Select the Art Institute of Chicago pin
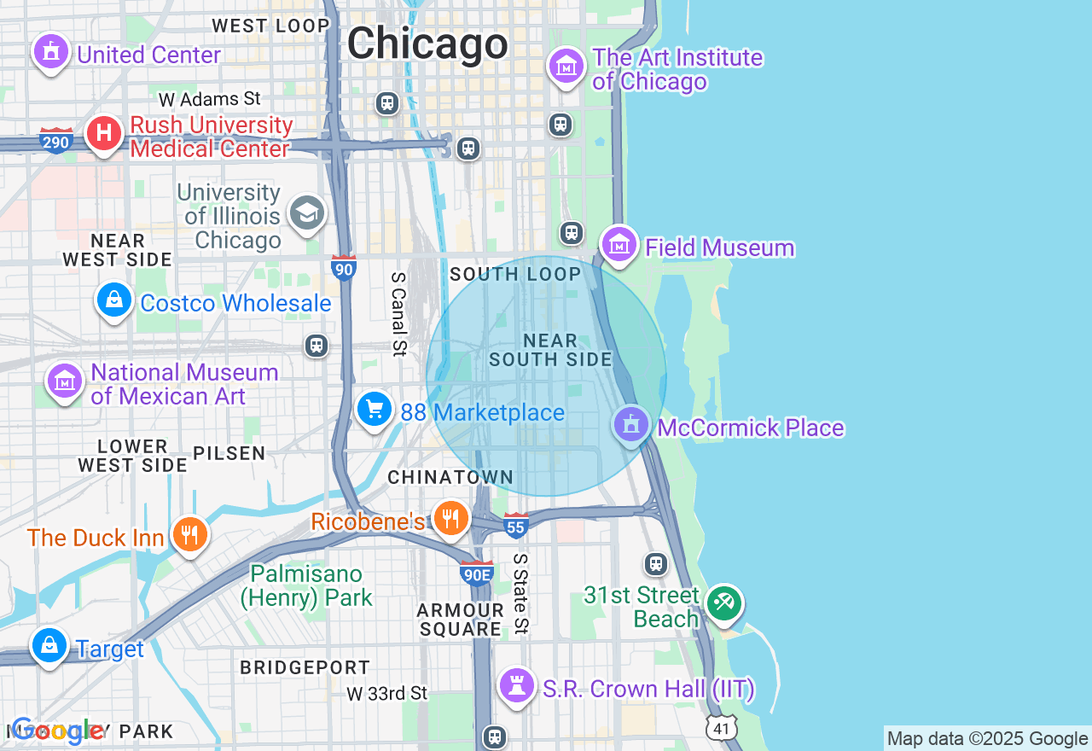coord(566,66)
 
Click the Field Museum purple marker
coord(619,245)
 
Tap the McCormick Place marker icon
coord(631,425)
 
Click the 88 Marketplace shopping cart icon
coord(374,410)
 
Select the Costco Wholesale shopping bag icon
coord(113,300)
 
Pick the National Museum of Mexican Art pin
coord(64,381)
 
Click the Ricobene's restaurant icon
coord(450,518)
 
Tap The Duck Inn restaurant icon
coord(189,535)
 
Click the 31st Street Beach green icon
coord(724,604)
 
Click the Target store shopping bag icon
coord(49,646)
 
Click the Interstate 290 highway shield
coord(56,140)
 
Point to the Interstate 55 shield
coord(515,526)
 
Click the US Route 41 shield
coord(721,727)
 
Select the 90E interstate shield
coord(476,573)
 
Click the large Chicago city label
coord(427,43)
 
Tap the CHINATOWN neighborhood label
coord(450,477)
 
